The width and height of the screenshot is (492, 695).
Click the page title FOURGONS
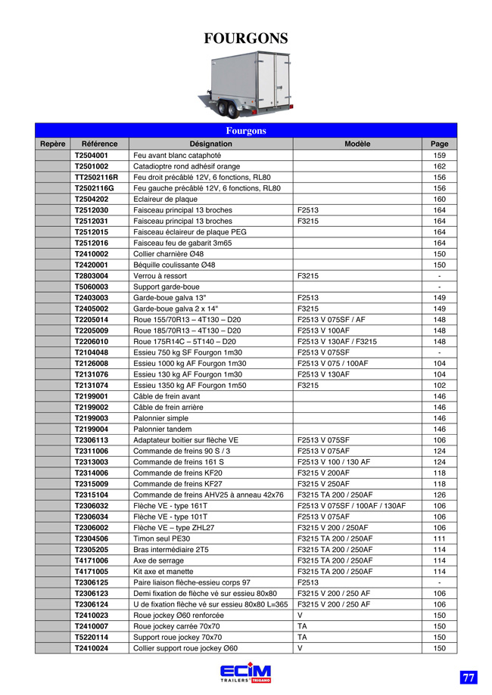(246, 39)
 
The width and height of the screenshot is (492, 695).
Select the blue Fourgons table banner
(246, 131)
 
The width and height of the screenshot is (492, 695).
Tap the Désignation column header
(210, 144)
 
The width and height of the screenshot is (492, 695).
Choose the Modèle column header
(357, 144)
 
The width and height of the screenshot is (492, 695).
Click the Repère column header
(53, 144)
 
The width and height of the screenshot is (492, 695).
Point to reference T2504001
(92, 155)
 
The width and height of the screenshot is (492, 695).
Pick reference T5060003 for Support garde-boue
(92, 287)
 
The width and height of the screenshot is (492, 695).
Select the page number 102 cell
(439, 385)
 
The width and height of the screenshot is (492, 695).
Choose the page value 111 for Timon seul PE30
(439, 538)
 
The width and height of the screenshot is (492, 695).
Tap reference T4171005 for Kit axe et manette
(92, 572)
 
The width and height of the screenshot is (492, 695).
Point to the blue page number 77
(469, 678)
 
